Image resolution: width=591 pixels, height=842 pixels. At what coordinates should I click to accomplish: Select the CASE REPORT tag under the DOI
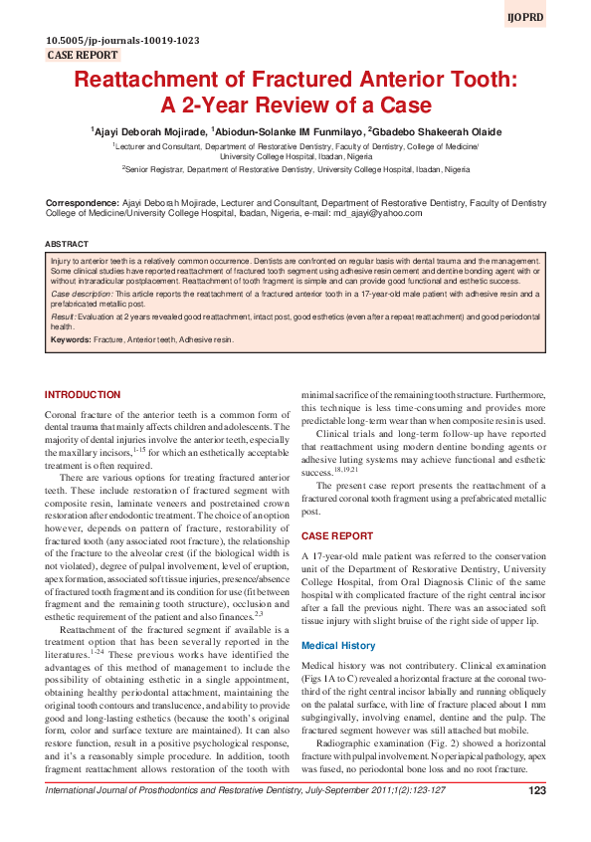tap(83, 56)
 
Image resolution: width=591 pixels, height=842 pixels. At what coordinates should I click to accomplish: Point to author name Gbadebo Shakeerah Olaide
tap(438, 131)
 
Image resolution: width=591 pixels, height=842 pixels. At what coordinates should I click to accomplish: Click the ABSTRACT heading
tap(66, 243)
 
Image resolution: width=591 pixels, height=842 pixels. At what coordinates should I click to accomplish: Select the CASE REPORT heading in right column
tap(337, 535)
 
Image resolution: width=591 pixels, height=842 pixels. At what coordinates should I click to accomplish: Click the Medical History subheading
tap(338, 618)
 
